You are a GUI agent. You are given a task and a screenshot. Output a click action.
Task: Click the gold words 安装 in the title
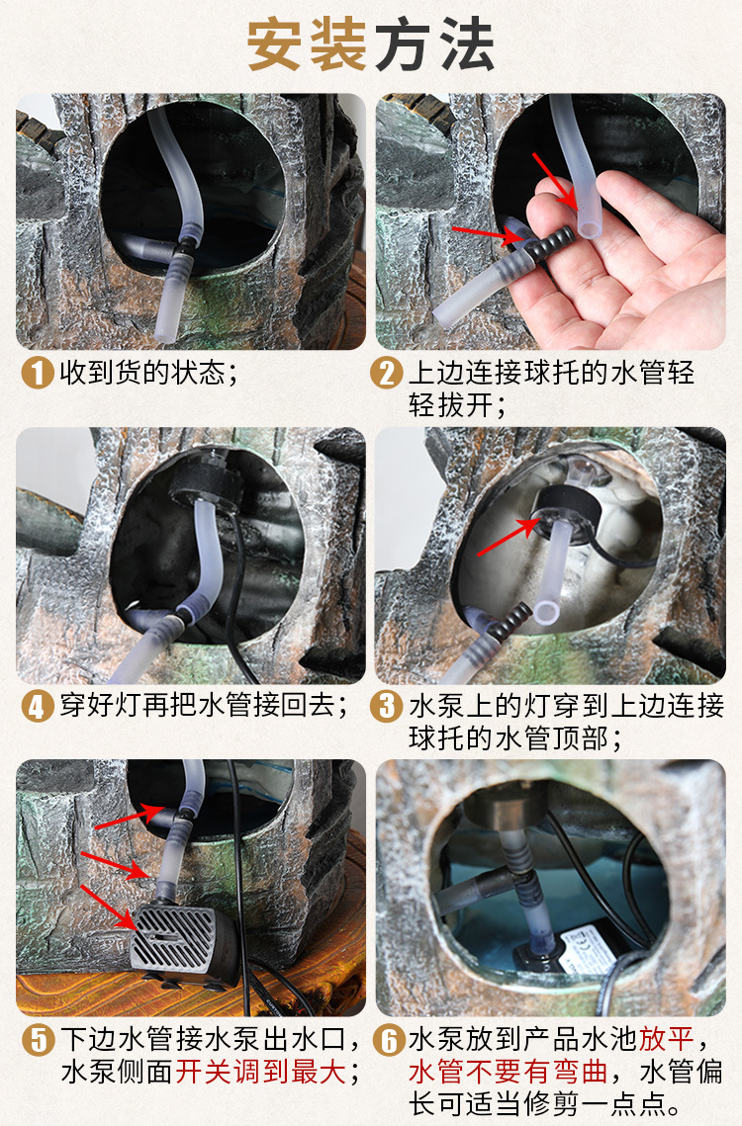pyautogui.click(x=308, y=44)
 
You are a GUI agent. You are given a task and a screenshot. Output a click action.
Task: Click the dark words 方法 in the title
pyautogui.click(x=434, y=44)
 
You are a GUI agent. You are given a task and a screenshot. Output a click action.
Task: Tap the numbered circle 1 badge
pyautogui.click(x=39, y=373)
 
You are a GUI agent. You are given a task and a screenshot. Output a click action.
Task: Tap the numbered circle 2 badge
pyautogui.click(x=387, y=373)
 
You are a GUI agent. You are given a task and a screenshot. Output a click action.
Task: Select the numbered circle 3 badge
pyautogui.click(x=387, y=706)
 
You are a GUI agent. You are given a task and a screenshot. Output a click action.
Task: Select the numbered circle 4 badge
pyautogui.click(x=39, y=706)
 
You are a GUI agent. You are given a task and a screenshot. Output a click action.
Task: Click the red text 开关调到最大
pyautogui.click(x=261, y=1073)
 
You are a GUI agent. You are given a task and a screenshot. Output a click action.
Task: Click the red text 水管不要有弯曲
pyautogui.click(x=509, y=1073)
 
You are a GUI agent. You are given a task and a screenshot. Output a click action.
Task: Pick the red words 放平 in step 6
pyautogui.click(x=667, y=1039)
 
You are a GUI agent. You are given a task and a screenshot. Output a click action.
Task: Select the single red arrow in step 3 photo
pyautogui.click(x=509, y=537)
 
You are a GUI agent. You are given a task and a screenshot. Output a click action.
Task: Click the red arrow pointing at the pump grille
pyautogui.click(x=108, y=908)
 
